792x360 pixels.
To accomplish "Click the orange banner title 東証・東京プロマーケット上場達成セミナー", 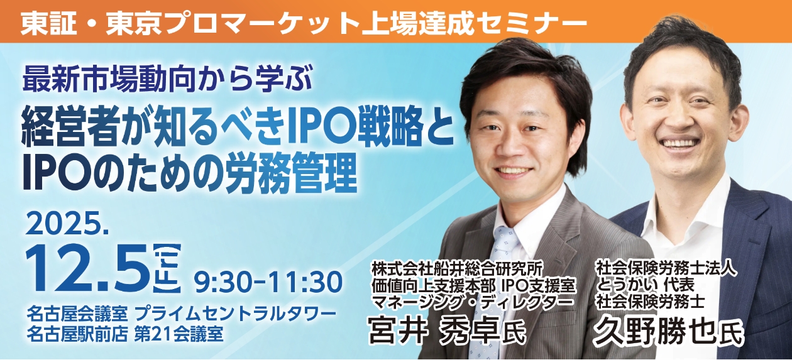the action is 303,23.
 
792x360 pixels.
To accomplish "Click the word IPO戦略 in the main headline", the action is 358,129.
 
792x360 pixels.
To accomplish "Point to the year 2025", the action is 67,224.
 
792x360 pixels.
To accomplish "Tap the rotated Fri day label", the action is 167,268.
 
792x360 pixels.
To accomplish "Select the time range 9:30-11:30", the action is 268,282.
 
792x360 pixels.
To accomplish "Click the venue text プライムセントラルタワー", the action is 235,314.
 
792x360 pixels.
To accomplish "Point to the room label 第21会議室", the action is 179,333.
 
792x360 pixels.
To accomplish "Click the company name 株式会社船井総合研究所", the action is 456,270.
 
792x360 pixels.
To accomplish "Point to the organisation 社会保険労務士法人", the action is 666,268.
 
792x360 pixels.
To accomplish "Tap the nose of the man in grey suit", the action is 522,145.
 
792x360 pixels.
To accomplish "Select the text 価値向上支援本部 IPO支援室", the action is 474,285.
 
